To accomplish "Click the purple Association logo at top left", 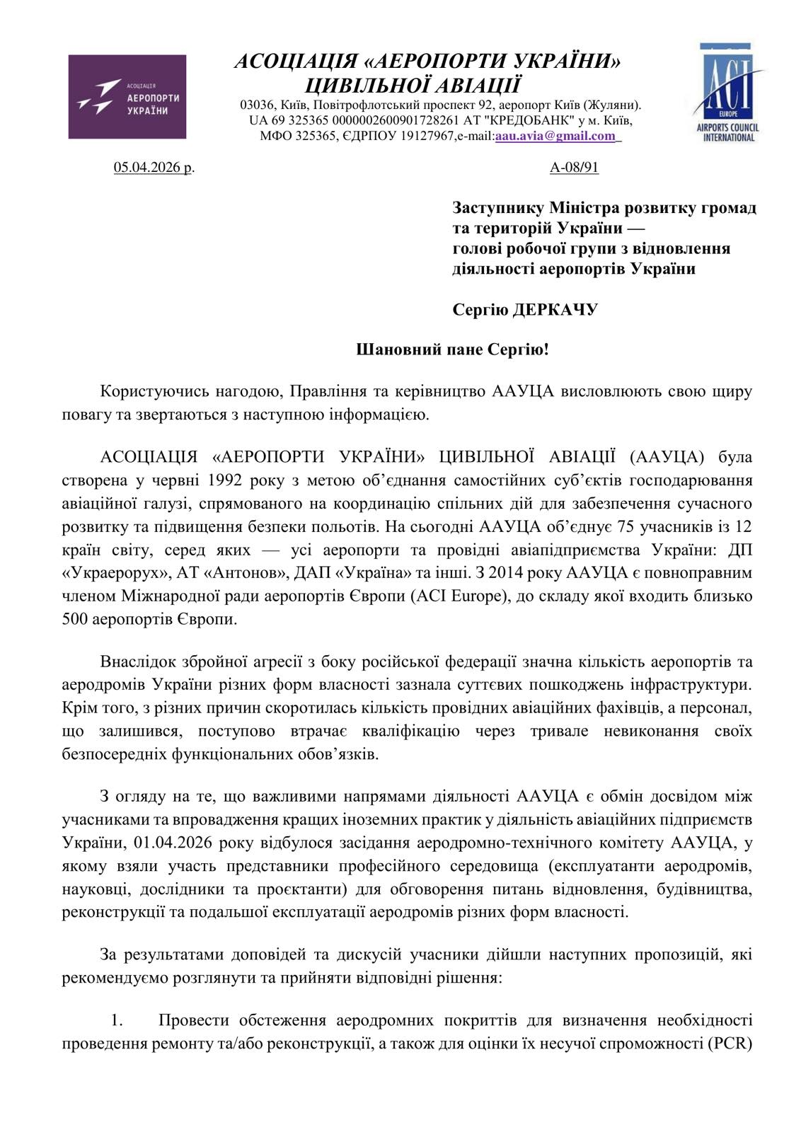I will (127, 96).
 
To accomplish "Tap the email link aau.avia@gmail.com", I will (555, 137).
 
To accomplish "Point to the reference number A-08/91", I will (574, 168).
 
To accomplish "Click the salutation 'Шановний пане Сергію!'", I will (451, 350).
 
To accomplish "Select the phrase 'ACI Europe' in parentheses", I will (466, 596).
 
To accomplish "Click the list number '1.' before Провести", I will (117, 1020).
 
